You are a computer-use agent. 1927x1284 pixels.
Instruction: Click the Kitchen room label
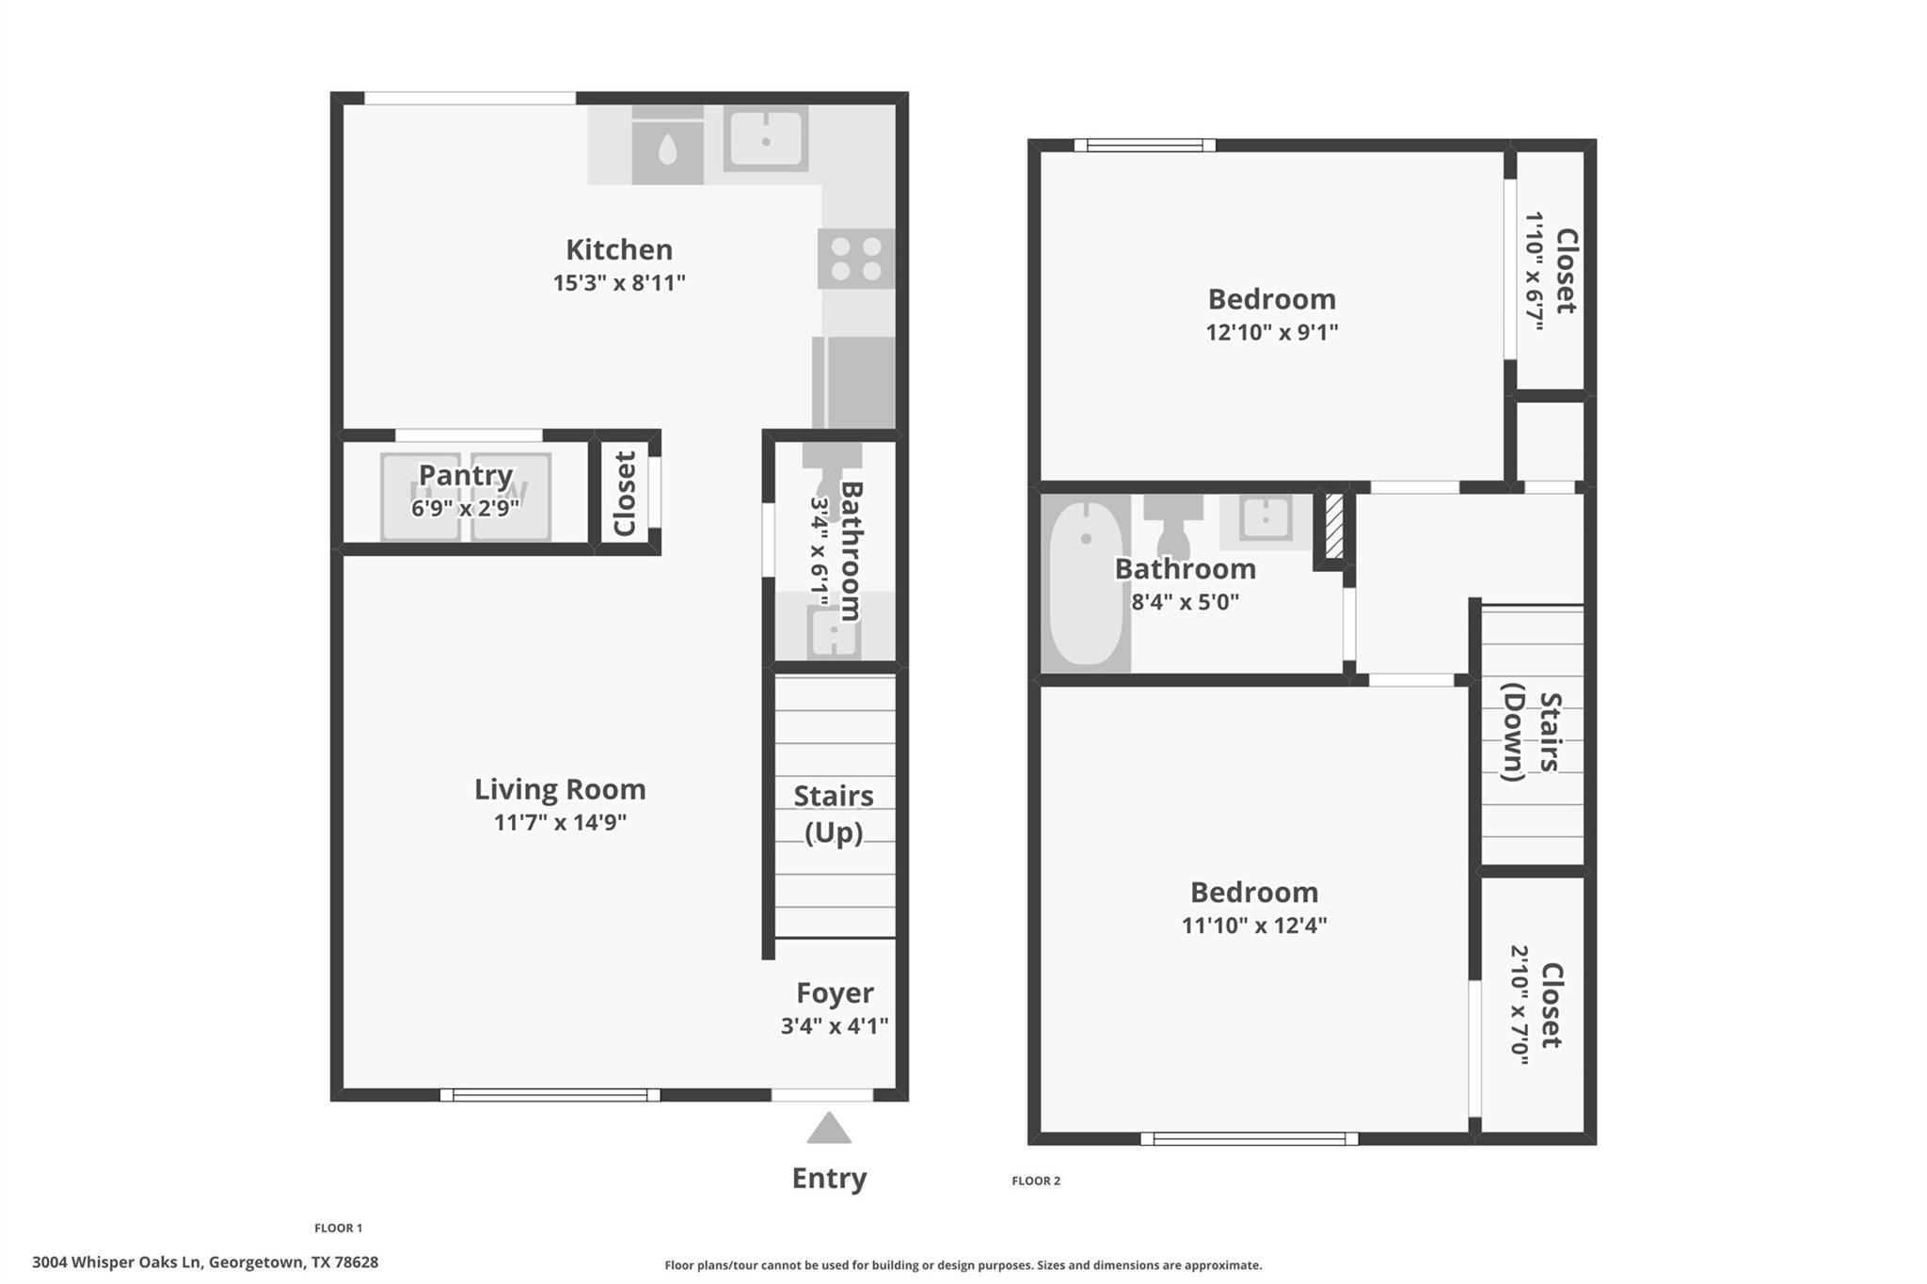(619, 249)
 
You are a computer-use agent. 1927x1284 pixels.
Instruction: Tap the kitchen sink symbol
(765, 139)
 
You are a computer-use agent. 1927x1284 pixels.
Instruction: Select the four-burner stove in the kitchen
(855, 259)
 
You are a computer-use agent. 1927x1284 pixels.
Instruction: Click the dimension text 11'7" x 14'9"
(560, 822)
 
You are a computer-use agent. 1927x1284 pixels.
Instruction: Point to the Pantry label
(465, 475)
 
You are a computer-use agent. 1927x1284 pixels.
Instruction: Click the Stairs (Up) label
(833, 814)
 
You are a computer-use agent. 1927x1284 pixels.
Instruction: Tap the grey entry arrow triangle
(829, 1129)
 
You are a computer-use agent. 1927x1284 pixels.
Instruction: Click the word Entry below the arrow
(829, 1178)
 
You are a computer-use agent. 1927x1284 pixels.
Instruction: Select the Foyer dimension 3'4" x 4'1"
(834, 1025)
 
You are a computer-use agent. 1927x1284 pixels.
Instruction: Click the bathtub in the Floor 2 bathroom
(1086, 583)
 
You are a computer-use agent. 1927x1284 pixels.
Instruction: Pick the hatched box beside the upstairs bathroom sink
(1333, 527)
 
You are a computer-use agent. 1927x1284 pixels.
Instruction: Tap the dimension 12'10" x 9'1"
(1271, 332)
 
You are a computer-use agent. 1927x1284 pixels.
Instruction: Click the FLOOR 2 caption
(1036, 1181)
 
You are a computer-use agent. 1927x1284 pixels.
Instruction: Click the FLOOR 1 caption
(338, 1228)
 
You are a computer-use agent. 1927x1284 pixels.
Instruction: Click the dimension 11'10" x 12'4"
(1253, 925)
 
